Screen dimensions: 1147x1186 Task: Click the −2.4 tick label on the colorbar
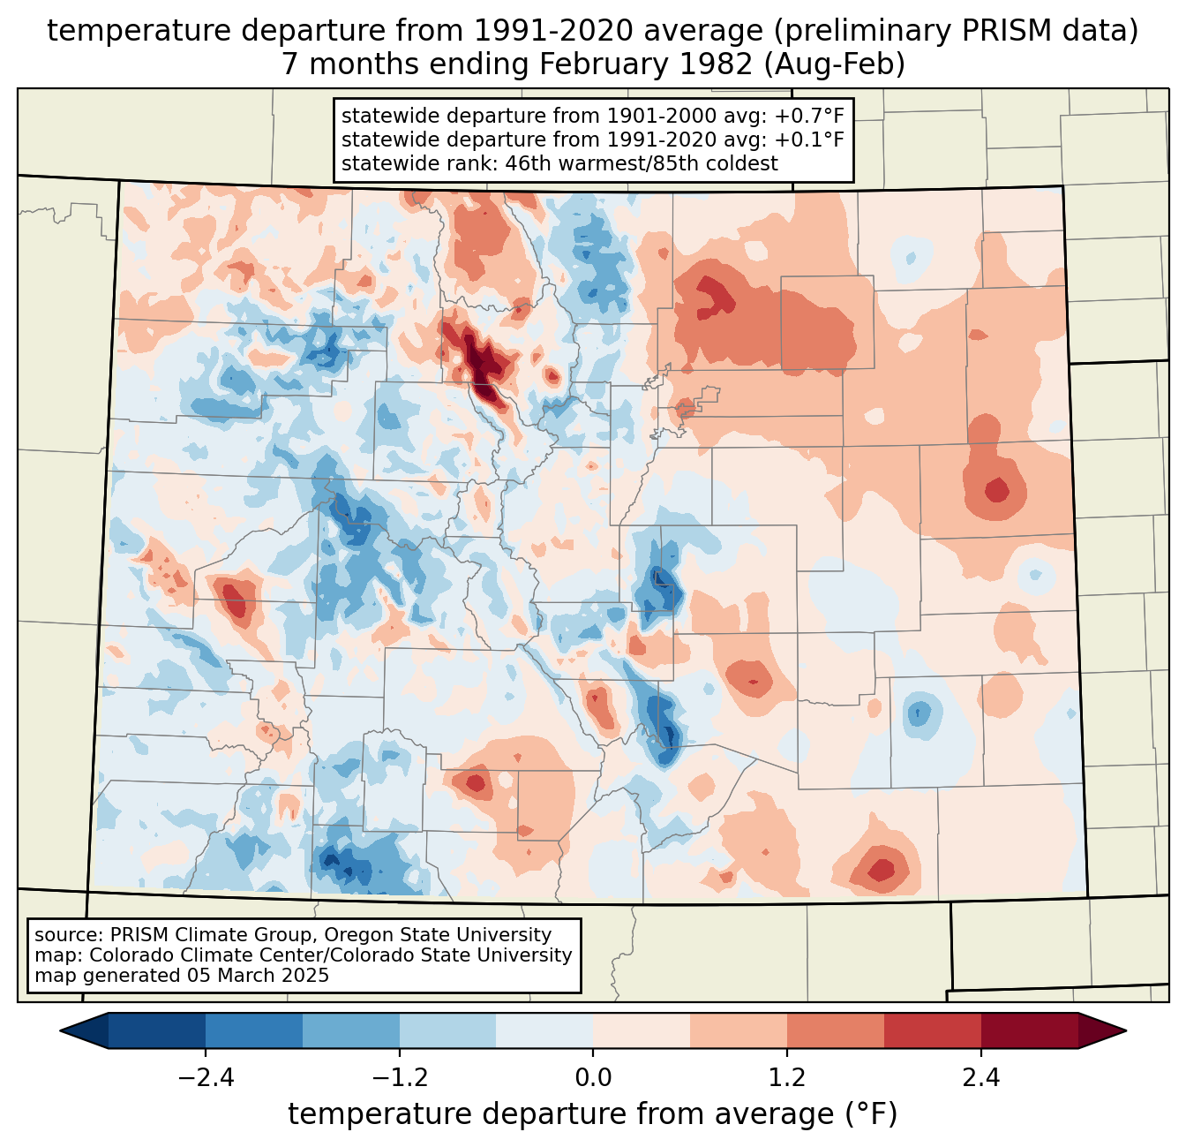pos(206,1078)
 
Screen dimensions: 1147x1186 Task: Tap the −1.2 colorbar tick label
pos(399,1078)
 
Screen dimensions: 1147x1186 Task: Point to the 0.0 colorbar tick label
pos(593,1078)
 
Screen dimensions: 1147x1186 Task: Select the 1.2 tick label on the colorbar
pos(787,1078)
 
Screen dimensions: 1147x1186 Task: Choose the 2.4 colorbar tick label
pos(981,1078)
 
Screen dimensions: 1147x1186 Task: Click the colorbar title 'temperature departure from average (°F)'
pos(593,1114)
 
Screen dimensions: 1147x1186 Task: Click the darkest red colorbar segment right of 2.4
pos(1029,1030)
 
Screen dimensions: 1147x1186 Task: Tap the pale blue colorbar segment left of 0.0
pos(544,1030)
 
